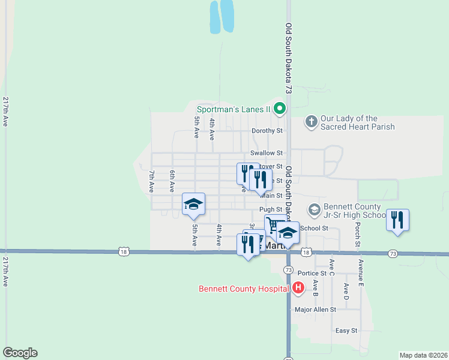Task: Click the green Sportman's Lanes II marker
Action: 279,109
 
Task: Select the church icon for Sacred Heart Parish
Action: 311,122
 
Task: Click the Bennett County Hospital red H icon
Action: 299,289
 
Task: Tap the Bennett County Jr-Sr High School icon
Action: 314,209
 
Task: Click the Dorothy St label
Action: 267,130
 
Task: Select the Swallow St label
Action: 266,154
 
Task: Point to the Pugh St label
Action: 271,209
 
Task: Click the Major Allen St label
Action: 315,310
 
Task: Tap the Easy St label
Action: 346,331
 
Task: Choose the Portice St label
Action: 315,273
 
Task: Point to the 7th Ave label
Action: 151,181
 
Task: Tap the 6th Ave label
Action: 172,181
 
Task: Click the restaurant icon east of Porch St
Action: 397,220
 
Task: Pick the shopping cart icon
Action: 273,225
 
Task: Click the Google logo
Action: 20,353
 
